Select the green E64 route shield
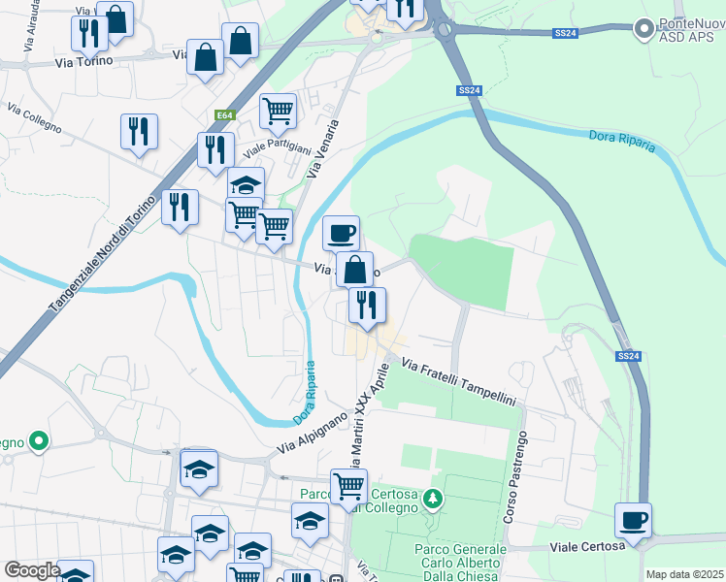click(x=225, y=115)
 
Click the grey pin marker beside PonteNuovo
click(x=643, y=30)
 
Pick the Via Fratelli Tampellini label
click(x=457, y=383)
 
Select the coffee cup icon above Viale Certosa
click(x=633, y=520)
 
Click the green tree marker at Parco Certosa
click(x=434, y=501)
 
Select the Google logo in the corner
click(x=31, y=570)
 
